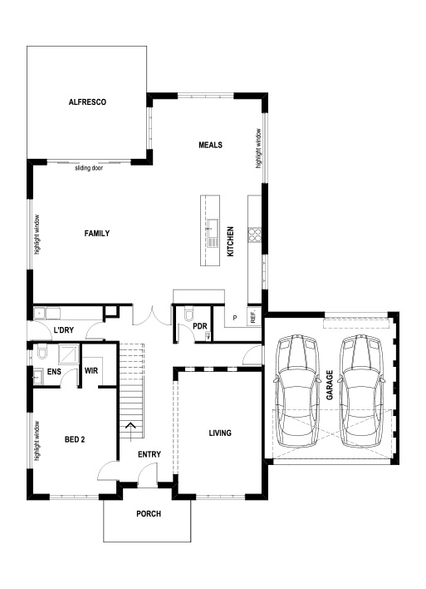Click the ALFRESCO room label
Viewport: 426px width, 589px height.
tap(87, 101)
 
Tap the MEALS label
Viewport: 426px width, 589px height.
tap(209, 145)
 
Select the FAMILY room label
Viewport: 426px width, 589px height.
tap(97, 234)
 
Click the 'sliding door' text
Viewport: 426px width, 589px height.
tap(89, 168)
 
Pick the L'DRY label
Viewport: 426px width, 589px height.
tap(65, 331)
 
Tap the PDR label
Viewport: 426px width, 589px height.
tap(199, 326)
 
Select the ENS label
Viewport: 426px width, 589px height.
tap(55, 372)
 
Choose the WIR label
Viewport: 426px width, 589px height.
tap(91, 371)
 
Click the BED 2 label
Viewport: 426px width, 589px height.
tap(75, 439)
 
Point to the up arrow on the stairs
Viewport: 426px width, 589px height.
tap(130, 429)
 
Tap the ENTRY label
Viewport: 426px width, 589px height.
tap(149, 453)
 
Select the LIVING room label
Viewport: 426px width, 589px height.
tap(219, 433)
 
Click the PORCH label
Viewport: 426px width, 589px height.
tap(149, 513)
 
